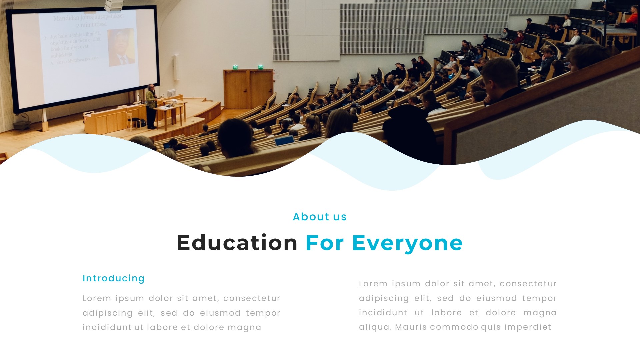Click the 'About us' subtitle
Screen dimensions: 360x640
click(x=320, y=217)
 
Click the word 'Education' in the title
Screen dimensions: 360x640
click(x=237, y=243)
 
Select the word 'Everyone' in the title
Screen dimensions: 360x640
click(x=407, y=243)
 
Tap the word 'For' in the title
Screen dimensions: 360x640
click(x=325, y=243)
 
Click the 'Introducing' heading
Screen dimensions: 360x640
click(x=114, y=278)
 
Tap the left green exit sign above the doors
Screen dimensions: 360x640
click(x=235, y=67)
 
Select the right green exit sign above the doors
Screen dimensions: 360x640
click(x=260, y=67)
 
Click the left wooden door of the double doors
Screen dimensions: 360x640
click(x=236, y=90)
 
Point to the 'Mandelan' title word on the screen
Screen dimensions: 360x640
click(x=66, y=18)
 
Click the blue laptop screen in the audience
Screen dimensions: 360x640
click(x=284, y=141)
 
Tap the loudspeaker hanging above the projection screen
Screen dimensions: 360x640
click(x=114, y=5)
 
